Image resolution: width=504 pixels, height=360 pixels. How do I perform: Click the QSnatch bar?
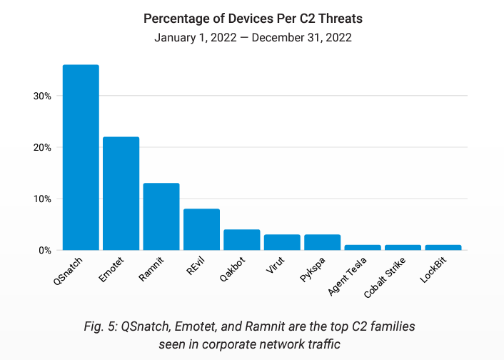point(81,157)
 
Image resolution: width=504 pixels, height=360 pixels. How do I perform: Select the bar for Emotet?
point(121,193)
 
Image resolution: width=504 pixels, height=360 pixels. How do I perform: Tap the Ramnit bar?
point(161,216)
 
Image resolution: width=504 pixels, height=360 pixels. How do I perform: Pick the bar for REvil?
point(201,229)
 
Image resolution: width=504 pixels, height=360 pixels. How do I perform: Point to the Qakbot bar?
point(241,239)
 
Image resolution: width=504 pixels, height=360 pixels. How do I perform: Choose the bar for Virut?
point(282,242)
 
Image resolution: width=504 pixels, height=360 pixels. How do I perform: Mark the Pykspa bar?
point(322,242)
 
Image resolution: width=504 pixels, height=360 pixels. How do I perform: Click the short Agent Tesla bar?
point(363,247)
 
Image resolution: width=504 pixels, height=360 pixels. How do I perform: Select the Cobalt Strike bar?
point(403,247)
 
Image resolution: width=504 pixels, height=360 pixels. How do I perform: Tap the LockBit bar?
point(443,247)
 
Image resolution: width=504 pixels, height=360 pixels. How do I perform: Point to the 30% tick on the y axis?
point(41,96)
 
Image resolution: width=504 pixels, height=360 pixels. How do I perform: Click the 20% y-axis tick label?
point(41,147)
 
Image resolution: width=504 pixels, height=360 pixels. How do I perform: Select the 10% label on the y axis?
point(41,199)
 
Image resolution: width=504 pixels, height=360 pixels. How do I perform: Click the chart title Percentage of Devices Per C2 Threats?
point(252,18)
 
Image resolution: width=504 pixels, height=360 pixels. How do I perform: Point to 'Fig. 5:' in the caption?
point(101,326)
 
